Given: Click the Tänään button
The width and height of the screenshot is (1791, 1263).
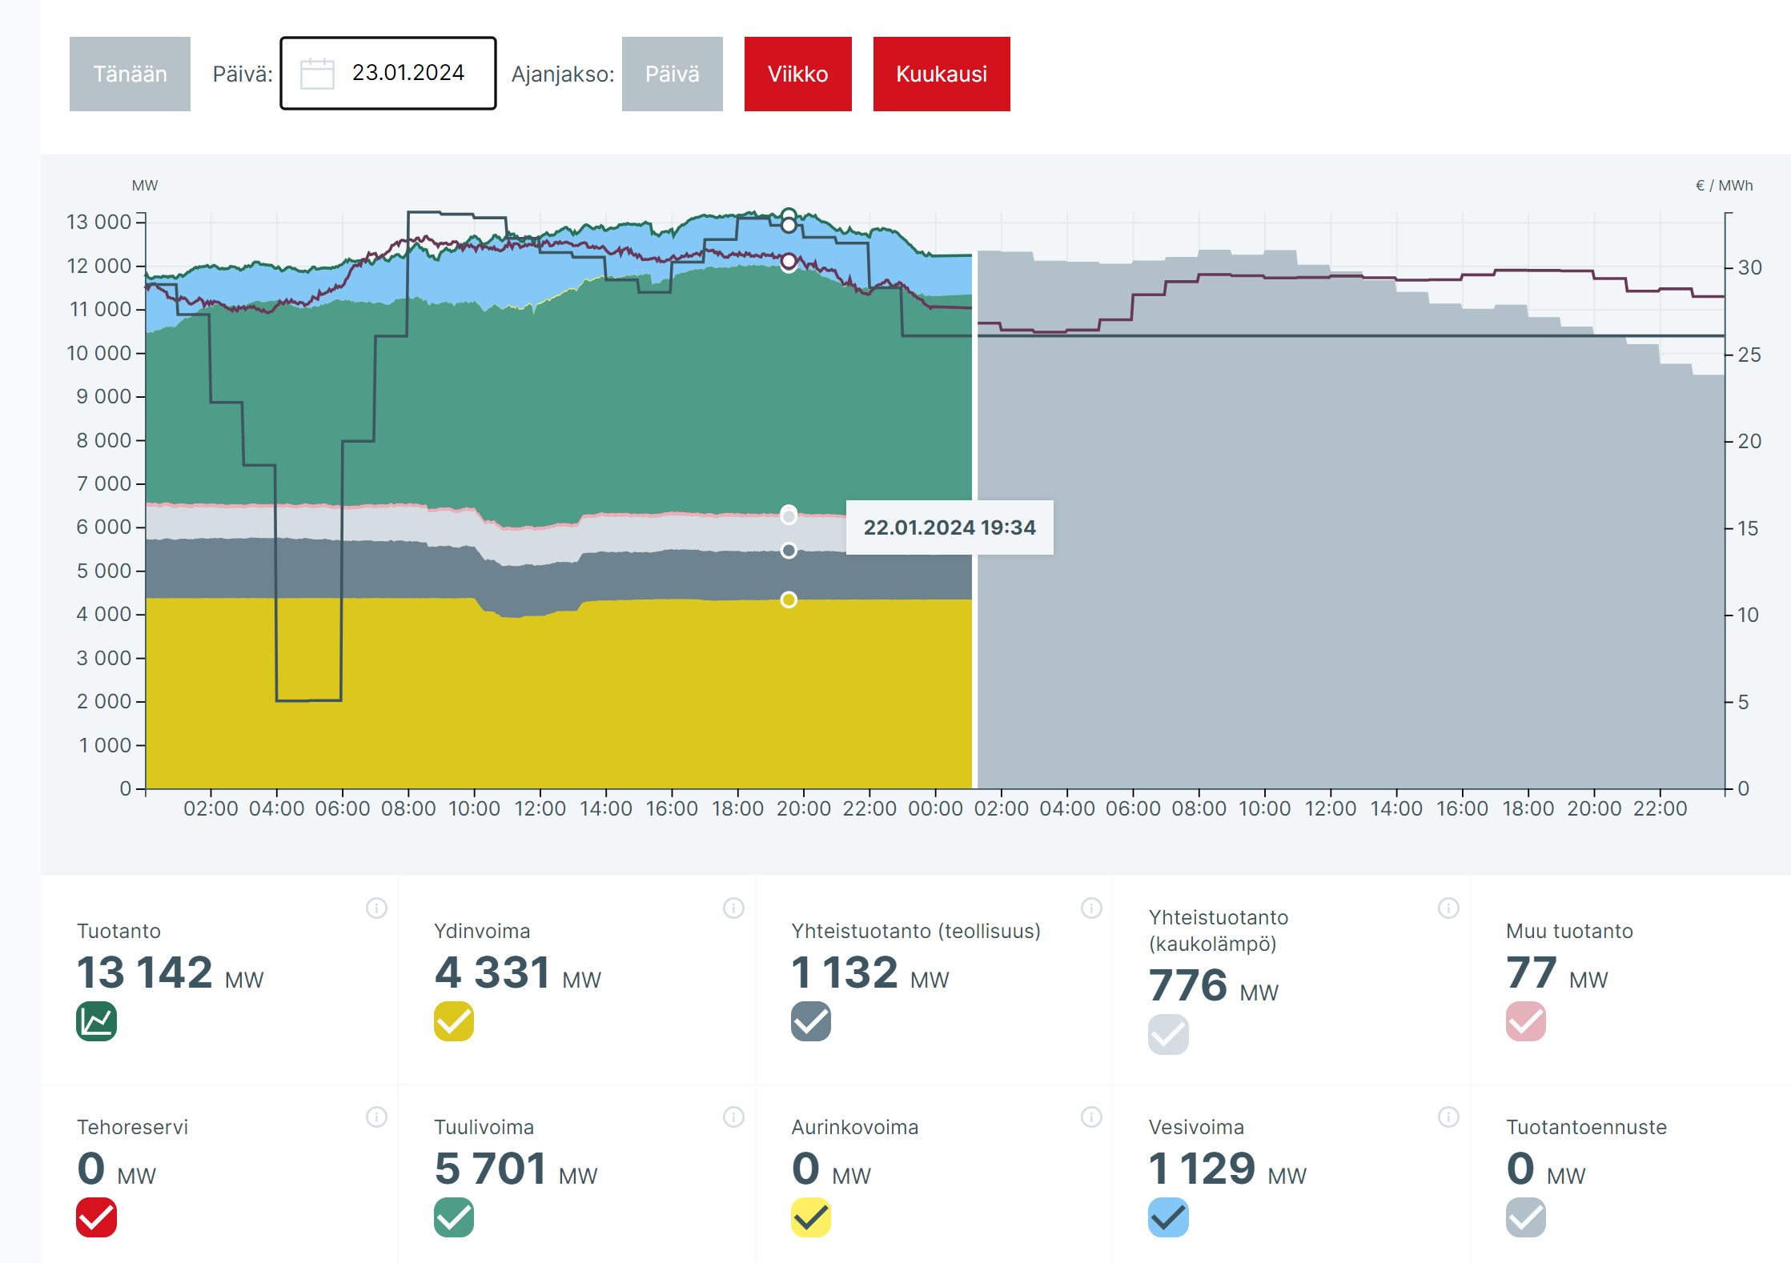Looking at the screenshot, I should (x=130, y=74).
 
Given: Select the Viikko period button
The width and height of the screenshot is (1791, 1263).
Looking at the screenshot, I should (x=797, y=74).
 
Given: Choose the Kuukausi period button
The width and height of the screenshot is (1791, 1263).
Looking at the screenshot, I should (x=941, y=74).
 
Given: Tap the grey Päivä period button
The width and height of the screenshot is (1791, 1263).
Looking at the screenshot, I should (x=672, y=74).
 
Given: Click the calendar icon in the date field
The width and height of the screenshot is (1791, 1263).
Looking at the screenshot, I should (x=317, y=74).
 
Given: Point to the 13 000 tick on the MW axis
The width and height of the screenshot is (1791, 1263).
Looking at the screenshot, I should (x=98, y=222).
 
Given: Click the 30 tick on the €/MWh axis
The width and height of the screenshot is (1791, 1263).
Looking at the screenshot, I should (x=1749, y=267).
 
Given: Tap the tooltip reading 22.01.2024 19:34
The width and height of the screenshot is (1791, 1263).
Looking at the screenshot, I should (x=949, y=527).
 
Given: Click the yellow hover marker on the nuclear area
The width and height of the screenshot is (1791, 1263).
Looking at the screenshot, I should (x=789, y=599).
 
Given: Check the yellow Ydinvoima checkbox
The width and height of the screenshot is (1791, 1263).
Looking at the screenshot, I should (x=454, y=1021).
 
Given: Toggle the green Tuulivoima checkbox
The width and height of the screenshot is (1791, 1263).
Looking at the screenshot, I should (x=454, y=1217).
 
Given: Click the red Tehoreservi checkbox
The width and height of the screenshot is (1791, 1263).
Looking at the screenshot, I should (x=97, y=1217).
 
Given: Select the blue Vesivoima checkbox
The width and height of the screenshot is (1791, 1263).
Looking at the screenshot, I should (x=1168, y=1217).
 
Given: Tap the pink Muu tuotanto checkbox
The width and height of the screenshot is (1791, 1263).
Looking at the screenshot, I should (x=1525, y=1021).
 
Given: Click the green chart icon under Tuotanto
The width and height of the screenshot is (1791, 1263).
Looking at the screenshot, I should (x=97, y=1021).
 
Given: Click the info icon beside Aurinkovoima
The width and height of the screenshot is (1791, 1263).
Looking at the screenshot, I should (x=1091, y=1117).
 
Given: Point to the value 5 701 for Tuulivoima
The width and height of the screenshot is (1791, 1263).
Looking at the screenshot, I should (x=490, y=1169).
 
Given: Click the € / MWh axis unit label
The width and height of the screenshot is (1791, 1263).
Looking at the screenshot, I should (x=1724, y=186).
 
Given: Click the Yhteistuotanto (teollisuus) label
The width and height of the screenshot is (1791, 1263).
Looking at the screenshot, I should (x=916, y=931).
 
